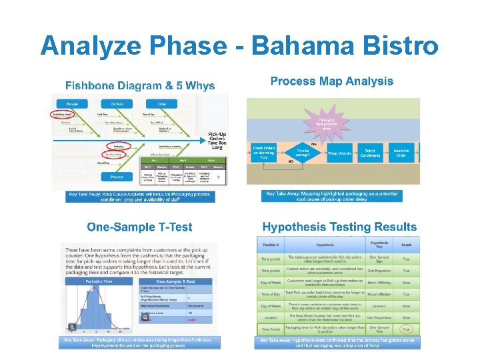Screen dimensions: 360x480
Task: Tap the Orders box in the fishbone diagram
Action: click(117, 103)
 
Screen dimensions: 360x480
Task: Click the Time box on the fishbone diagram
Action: click(162, 103)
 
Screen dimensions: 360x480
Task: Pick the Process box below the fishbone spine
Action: click(117, 177)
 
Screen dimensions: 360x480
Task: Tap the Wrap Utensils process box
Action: click(339, 153)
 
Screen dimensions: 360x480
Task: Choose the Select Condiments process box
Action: click(371, 153)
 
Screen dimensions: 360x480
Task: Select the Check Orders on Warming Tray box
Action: click(265, 153)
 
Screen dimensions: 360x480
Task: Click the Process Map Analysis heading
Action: click(331, 81)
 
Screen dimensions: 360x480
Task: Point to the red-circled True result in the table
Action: click(406, 329)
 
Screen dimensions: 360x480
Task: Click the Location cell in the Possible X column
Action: click(270, 318)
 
